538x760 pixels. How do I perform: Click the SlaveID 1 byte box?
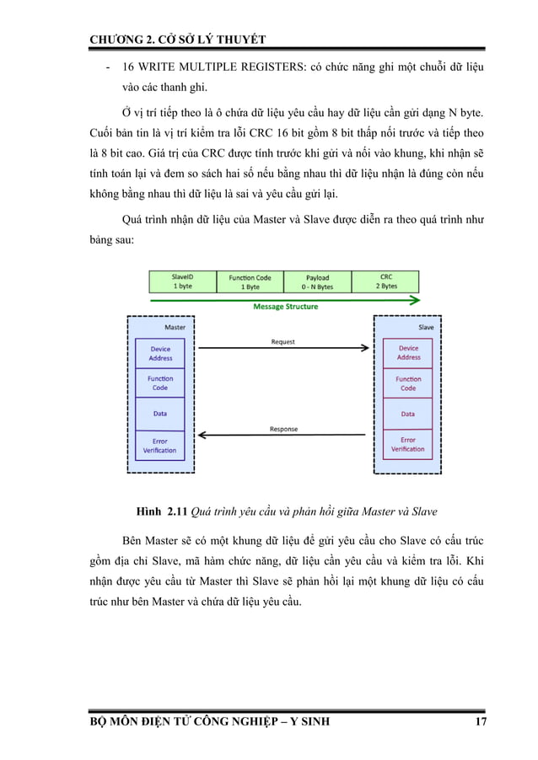tap(182, 281)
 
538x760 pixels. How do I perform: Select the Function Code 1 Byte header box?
tap(250, 281)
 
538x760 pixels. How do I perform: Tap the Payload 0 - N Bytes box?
tap(317, 281)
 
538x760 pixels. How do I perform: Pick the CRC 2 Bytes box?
tap(385, 281)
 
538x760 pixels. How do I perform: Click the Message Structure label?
tap(286, 307)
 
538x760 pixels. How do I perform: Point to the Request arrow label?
tap(283, 342)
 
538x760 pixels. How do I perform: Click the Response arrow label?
tap(283, 429)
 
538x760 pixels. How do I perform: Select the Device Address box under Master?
tap(160, 354)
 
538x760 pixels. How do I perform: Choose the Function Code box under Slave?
tap(408, 383)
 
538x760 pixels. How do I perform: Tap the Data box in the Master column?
tap(160, 414)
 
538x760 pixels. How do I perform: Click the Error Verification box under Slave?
tap(408, 444)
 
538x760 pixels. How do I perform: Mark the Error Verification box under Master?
tap(160, 446)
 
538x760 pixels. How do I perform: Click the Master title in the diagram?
tap(175, 327)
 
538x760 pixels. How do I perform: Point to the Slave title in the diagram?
tap(426, 327)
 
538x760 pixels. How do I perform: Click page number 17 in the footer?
tap(480, 722)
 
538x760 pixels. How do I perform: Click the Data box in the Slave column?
tap(408, 414)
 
